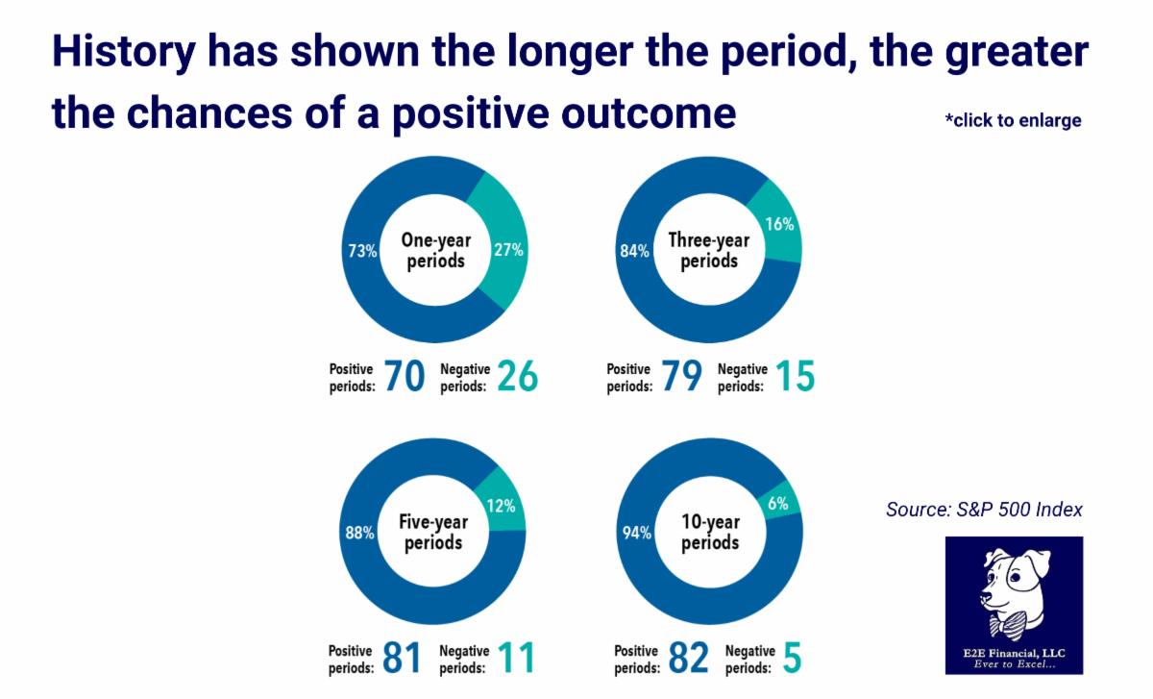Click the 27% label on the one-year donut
509,251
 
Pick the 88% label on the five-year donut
360,533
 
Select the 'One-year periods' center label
435,250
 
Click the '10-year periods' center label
710,532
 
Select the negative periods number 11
515,659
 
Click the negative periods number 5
791,659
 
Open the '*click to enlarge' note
1013,120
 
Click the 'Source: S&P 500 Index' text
984,509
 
